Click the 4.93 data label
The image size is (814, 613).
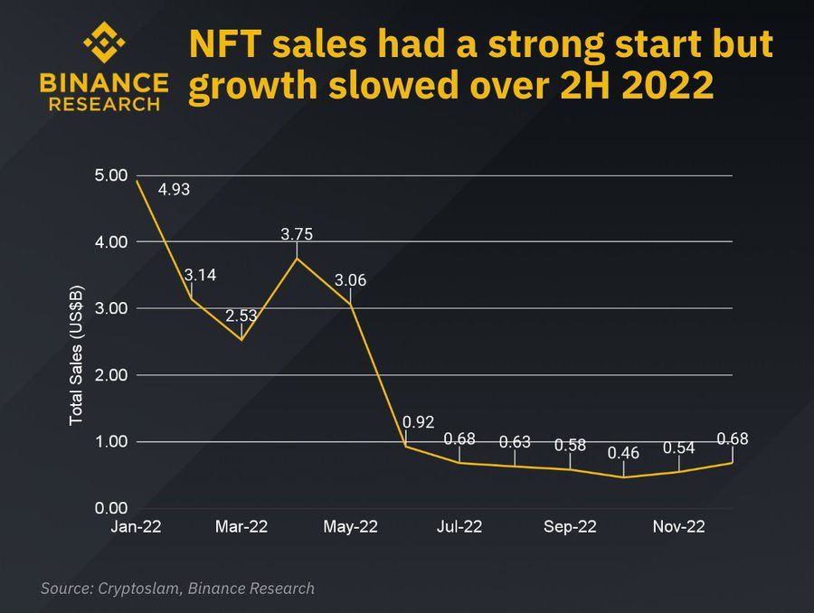click(x=175, y=190)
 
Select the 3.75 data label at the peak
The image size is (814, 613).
click(x=298, y=234)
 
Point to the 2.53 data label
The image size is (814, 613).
click(x=241, y=316)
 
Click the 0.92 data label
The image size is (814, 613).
click(x=419, y=421)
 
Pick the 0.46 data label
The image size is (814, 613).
click(x=623, y=453)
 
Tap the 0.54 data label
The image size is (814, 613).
click(x=679, y=448)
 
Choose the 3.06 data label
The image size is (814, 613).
click(x=350, y=280)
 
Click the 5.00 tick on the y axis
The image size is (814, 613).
click(x=112, y=175)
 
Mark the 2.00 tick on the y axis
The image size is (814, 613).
click(x=112, y=375)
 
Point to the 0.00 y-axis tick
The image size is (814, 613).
click(x=112, y=508)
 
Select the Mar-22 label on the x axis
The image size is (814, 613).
click(x=242, y=528)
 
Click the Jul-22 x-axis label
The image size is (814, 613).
click(x=459, y=528)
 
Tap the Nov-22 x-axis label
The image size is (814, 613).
click(x=679, y=528)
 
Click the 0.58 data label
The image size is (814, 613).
click(x=570, y=445)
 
